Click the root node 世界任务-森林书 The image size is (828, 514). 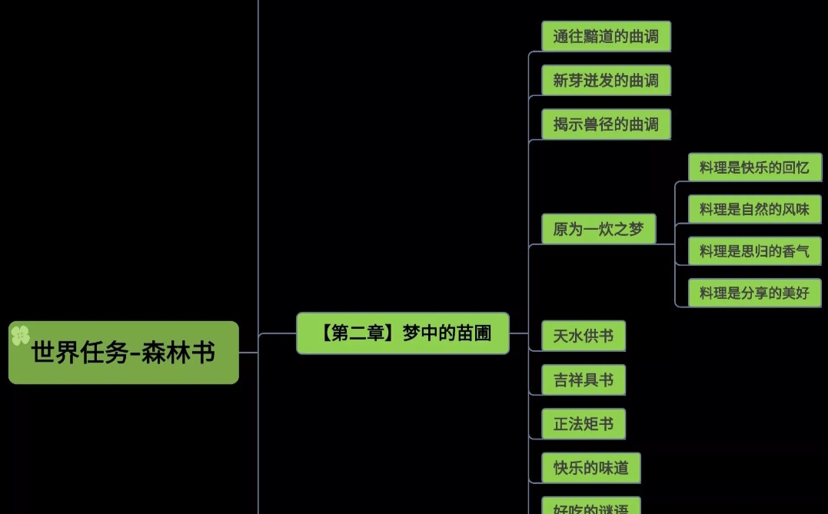(x=123, y=353)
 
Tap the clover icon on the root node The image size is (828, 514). (x=20, y=335)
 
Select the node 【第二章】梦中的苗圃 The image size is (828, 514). (x=403, y=333)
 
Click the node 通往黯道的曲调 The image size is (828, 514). (x=606, y=36)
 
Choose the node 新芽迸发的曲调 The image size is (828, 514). (x=606, y=81)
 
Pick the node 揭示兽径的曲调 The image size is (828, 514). (x=606, y=124)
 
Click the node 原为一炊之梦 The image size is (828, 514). (x=598, y=229)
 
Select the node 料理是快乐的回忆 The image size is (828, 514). (x=754, y=168)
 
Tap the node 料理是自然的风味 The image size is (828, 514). (x=754, y=209)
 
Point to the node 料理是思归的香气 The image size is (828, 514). (x=754, y=251)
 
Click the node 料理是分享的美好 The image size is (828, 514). (x=754, y=293)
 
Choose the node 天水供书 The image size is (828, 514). (x=584, y=336)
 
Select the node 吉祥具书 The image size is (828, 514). (x=584, y=380)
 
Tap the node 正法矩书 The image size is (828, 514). (x=584, y=424)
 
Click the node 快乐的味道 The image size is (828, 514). (x=591, y=468)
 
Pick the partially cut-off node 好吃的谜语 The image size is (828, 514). (x=591, y=507)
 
